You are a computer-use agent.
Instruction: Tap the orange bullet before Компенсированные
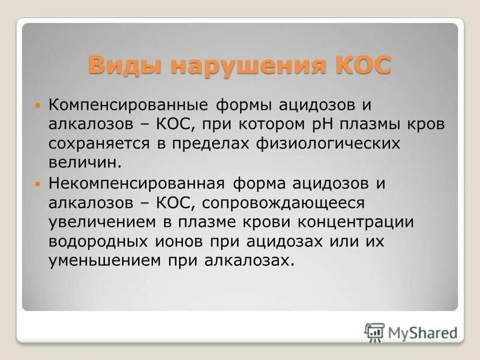point(40,105)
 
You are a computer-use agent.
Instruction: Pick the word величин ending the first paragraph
point(84,162)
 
